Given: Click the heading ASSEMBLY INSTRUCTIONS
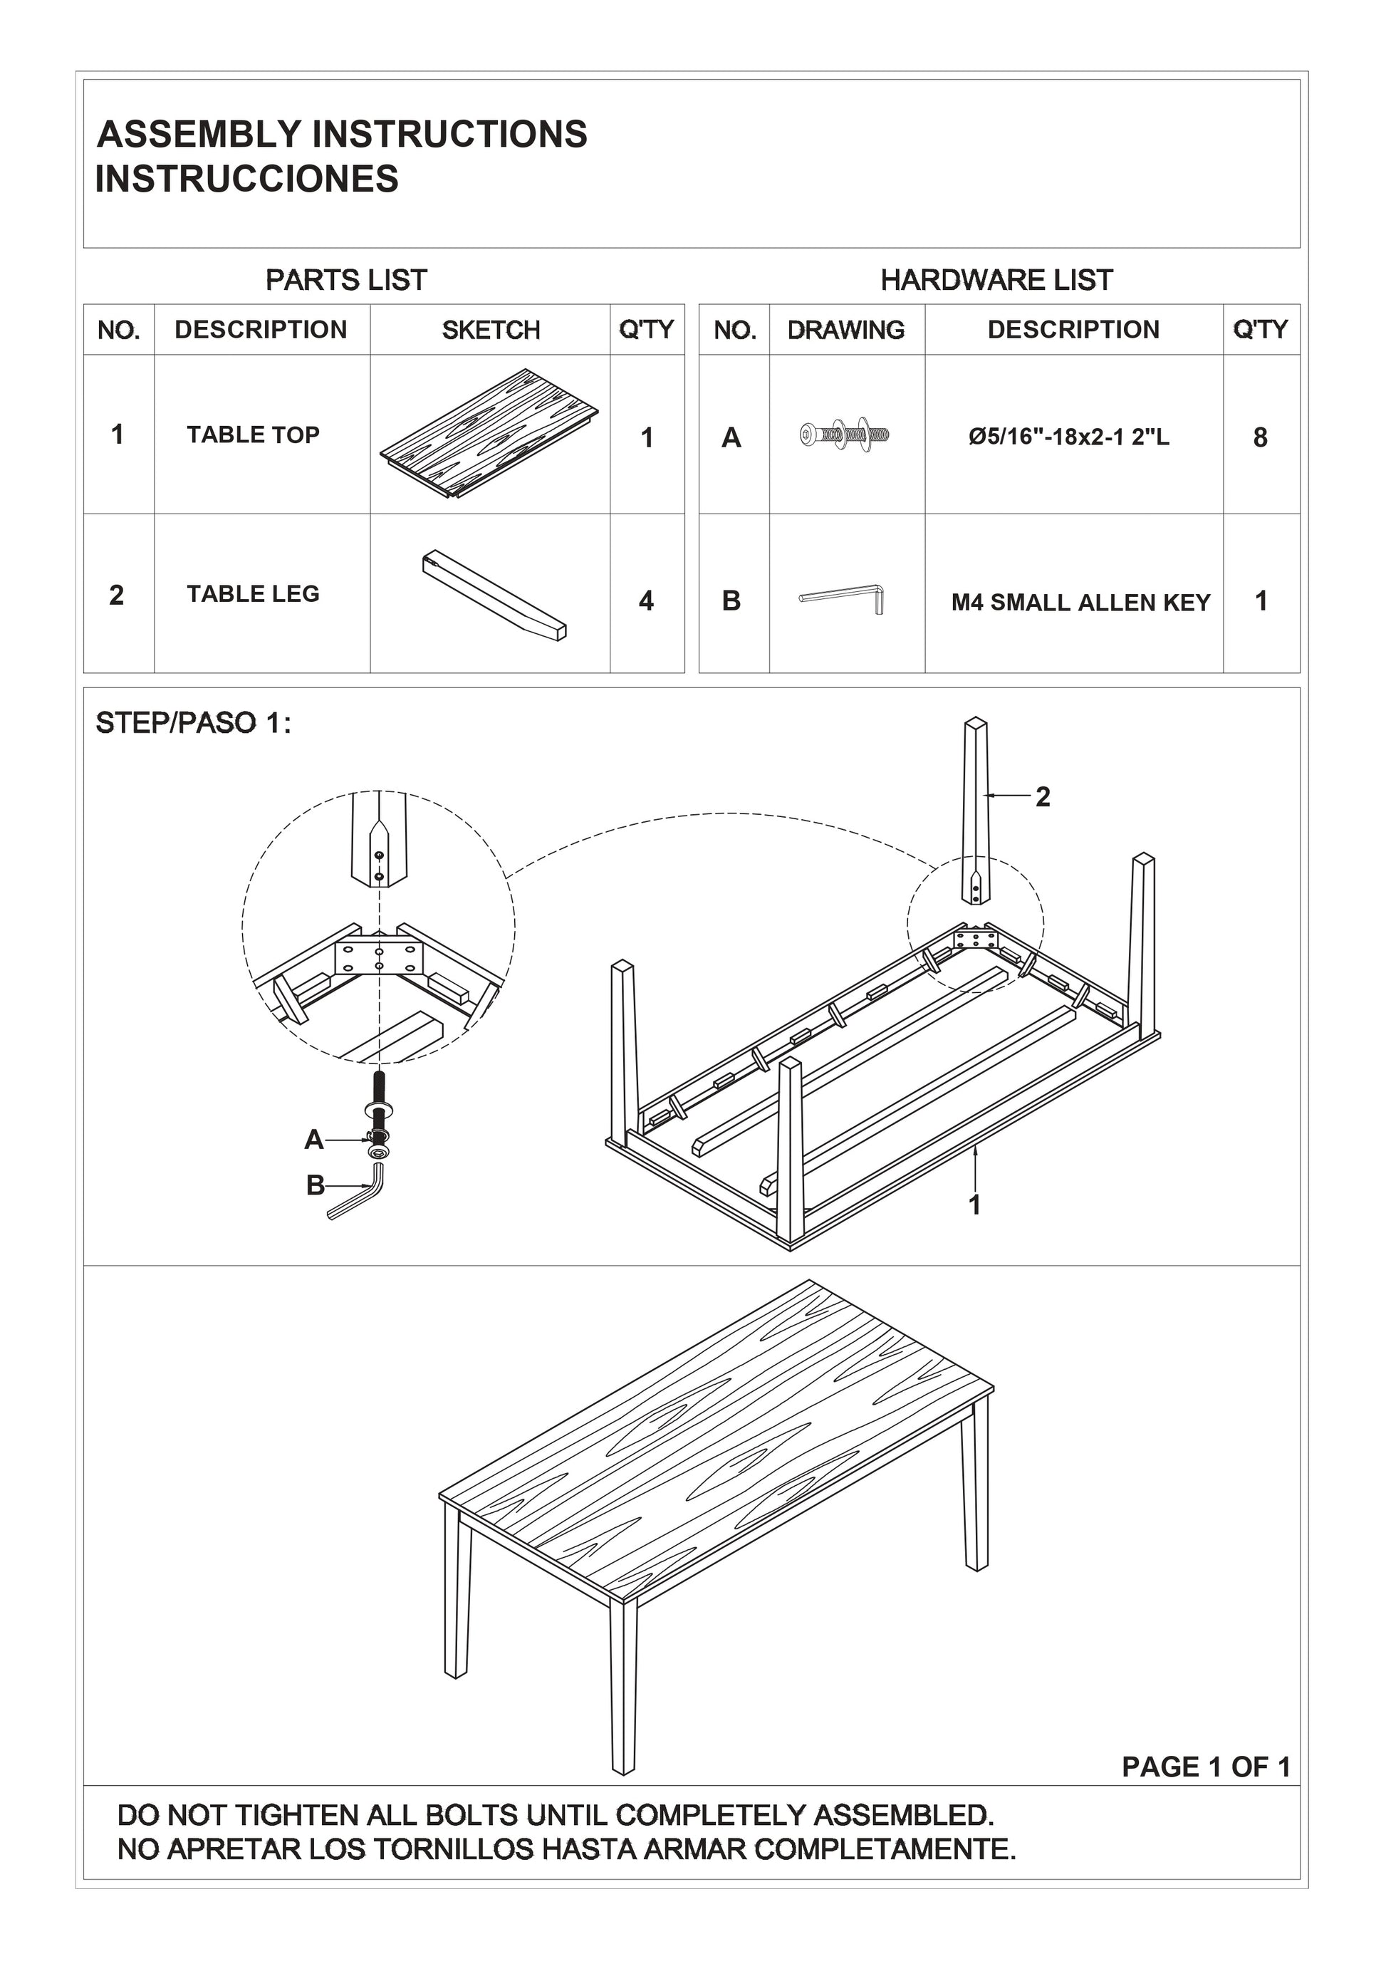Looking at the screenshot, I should tap(342, 135).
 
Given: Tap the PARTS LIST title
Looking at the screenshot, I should tap(346, 279).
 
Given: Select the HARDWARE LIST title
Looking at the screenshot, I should tap(996, 279).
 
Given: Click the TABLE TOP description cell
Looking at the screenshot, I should tap(253, 435).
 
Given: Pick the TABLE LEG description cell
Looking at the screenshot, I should tap(253, 593).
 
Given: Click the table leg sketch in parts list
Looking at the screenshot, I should tap(494, 595).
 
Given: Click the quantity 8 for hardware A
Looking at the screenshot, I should tap(1260, 437).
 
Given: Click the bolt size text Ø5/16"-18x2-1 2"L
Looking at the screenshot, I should tap(1068, 437).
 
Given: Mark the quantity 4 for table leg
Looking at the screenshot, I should tap(647, 601).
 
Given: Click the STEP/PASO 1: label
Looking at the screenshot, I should tap(193, 724).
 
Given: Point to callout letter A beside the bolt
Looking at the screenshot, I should tap(314, 1140).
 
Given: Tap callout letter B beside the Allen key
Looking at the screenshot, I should tap(315, 1185).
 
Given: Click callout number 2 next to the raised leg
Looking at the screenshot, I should tap(1043, 797).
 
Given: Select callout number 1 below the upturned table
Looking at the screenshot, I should tap(974, 1205).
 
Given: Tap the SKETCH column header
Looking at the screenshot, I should tap(491, 330).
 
